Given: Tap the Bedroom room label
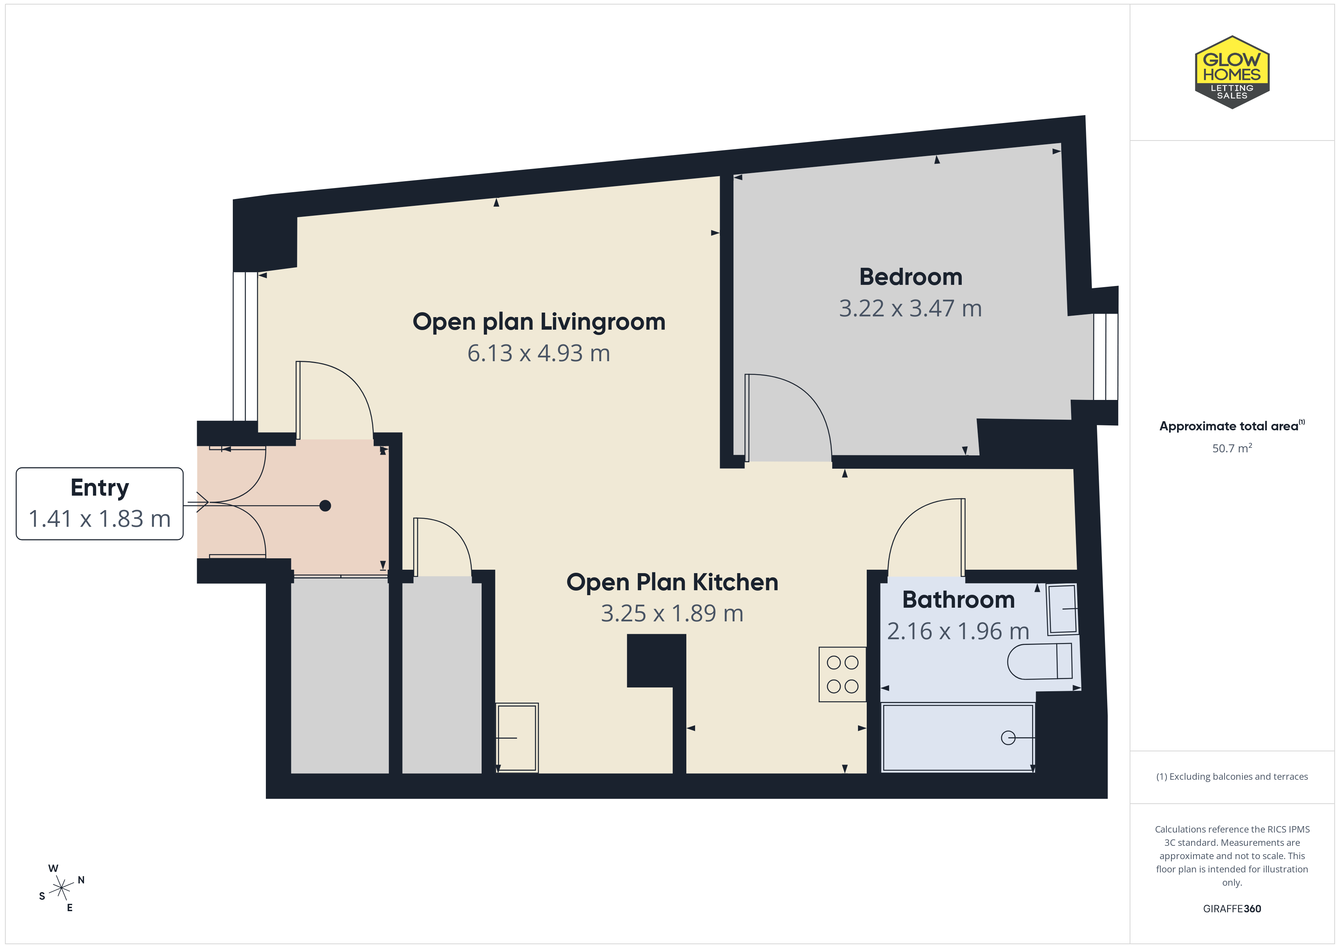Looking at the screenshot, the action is point(910,277).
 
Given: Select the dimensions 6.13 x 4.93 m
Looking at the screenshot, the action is point(538,353).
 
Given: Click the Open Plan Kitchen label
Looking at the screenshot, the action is point(672,582).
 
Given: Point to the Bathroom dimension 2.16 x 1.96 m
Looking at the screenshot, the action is point(958,631).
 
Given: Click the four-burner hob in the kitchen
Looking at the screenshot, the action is point(842,674).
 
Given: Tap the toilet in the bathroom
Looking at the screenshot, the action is point(1040,661).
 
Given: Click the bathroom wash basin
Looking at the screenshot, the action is point(1062,609).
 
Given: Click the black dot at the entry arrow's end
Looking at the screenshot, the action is point(325,506).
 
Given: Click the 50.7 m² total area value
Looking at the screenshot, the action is point(1232,448).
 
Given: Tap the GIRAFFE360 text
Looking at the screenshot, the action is point(1232,908).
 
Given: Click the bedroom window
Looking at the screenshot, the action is point(1105,357).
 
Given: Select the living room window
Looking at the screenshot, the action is point(245,346).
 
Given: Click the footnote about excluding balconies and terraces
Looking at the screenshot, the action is point(1232,776).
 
